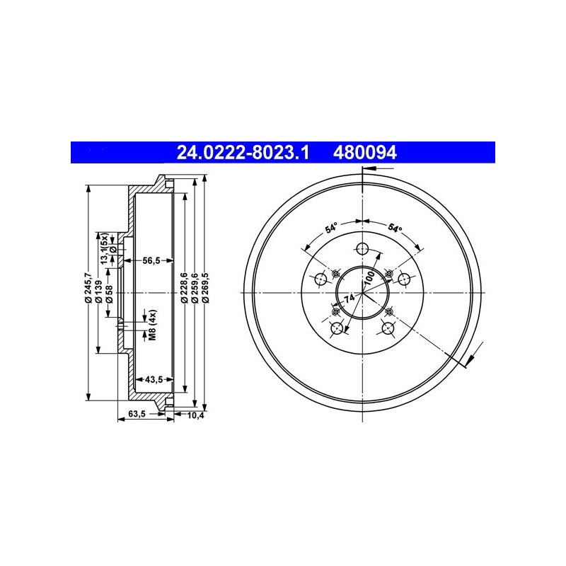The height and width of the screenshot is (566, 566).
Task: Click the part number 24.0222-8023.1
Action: coord(243,153)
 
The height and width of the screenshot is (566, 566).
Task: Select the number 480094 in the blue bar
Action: coord(364,153)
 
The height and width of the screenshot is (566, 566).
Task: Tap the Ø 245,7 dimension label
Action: coord(88,287)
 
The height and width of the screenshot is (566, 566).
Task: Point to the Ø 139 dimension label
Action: coord(99,291)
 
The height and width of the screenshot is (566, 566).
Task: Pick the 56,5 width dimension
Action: coord(151,260)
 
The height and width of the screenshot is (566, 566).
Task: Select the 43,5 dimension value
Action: coord(154,379)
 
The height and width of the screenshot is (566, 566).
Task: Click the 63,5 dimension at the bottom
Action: coord(137,414)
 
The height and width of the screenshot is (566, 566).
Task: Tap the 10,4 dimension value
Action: coord(195,415)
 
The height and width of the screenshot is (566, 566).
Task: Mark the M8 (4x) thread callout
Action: coord(153,325)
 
